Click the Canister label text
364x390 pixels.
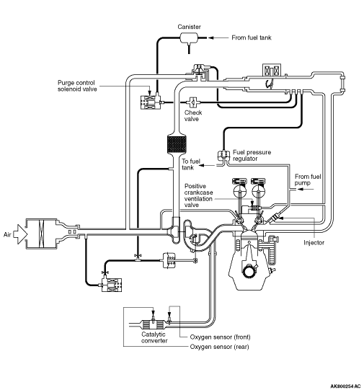pos(189,27)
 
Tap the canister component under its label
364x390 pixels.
pos(189,37)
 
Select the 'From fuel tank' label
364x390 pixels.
pos(252,37)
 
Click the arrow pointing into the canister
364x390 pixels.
pos(218,37)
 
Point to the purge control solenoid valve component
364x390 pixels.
pos(151,102)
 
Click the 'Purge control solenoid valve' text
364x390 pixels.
pos(77,86)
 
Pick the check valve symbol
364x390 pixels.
pos(193,102)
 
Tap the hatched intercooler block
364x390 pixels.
pos(177,144)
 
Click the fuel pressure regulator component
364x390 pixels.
pos(223,155)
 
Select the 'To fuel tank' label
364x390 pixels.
pos(191,164)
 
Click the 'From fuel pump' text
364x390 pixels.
pos(308,180)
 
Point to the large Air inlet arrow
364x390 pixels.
pos(20,234)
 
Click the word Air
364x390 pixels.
pos(7,234)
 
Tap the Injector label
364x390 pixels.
pos(314,242)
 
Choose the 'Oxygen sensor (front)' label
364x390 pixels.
pos(220,337)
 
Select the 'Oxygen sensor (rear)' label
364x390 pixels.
pos(219,347)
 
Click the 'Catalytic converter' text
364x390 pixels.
pos(154,337)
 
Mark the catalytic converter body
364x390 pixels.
pos(154,324)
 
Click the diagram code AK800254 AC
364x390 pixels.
pos(345,386)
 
